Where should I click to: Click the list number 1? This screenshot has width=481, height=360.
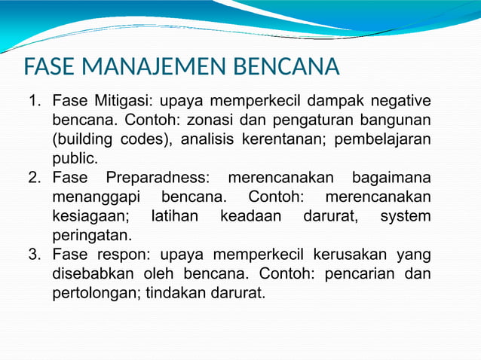[33, 101]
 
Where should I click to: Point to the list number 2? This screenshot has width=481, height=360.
[33, 178]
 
